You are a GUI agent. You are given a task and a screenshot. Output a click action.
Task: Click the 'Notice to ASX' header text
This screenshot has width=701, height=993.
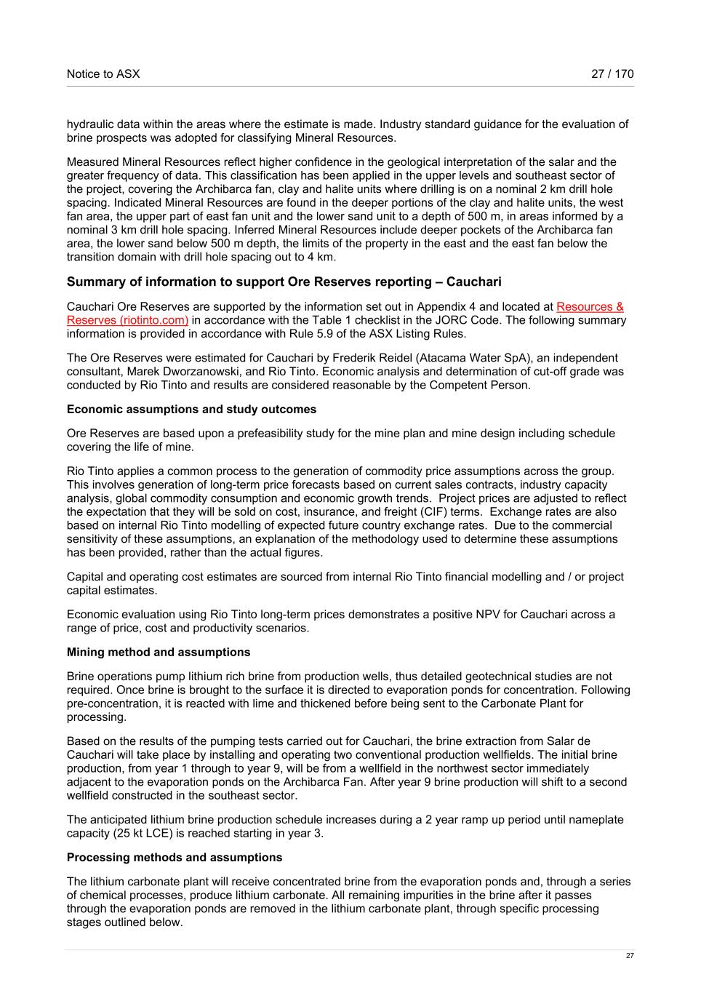pyautogui.click(x=103, y=73)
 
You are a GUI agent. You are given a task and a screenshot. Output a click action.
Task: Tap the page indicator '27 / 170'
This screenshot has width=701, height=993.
pyautogui.click(x=612, y=73)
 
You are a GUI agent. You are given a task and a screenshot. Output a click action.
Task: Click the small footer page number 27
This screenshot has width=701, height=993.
pyautogui.click(x=630, y=956)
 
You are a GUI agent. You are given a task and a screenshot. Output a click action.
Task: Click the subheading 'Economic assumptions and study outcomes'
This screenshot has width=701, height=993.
pyautogui.click(x=191, y=410)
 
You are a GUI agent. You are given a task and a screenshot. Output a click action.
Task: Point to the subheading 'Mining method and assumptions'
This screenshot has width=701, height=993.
pyautogui.click(x=159, y=653)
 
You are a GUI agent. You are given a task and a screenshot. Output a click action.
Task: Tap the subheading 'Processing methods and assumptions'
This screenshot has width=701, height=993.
pyautogui.click(x=175, y=858)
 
